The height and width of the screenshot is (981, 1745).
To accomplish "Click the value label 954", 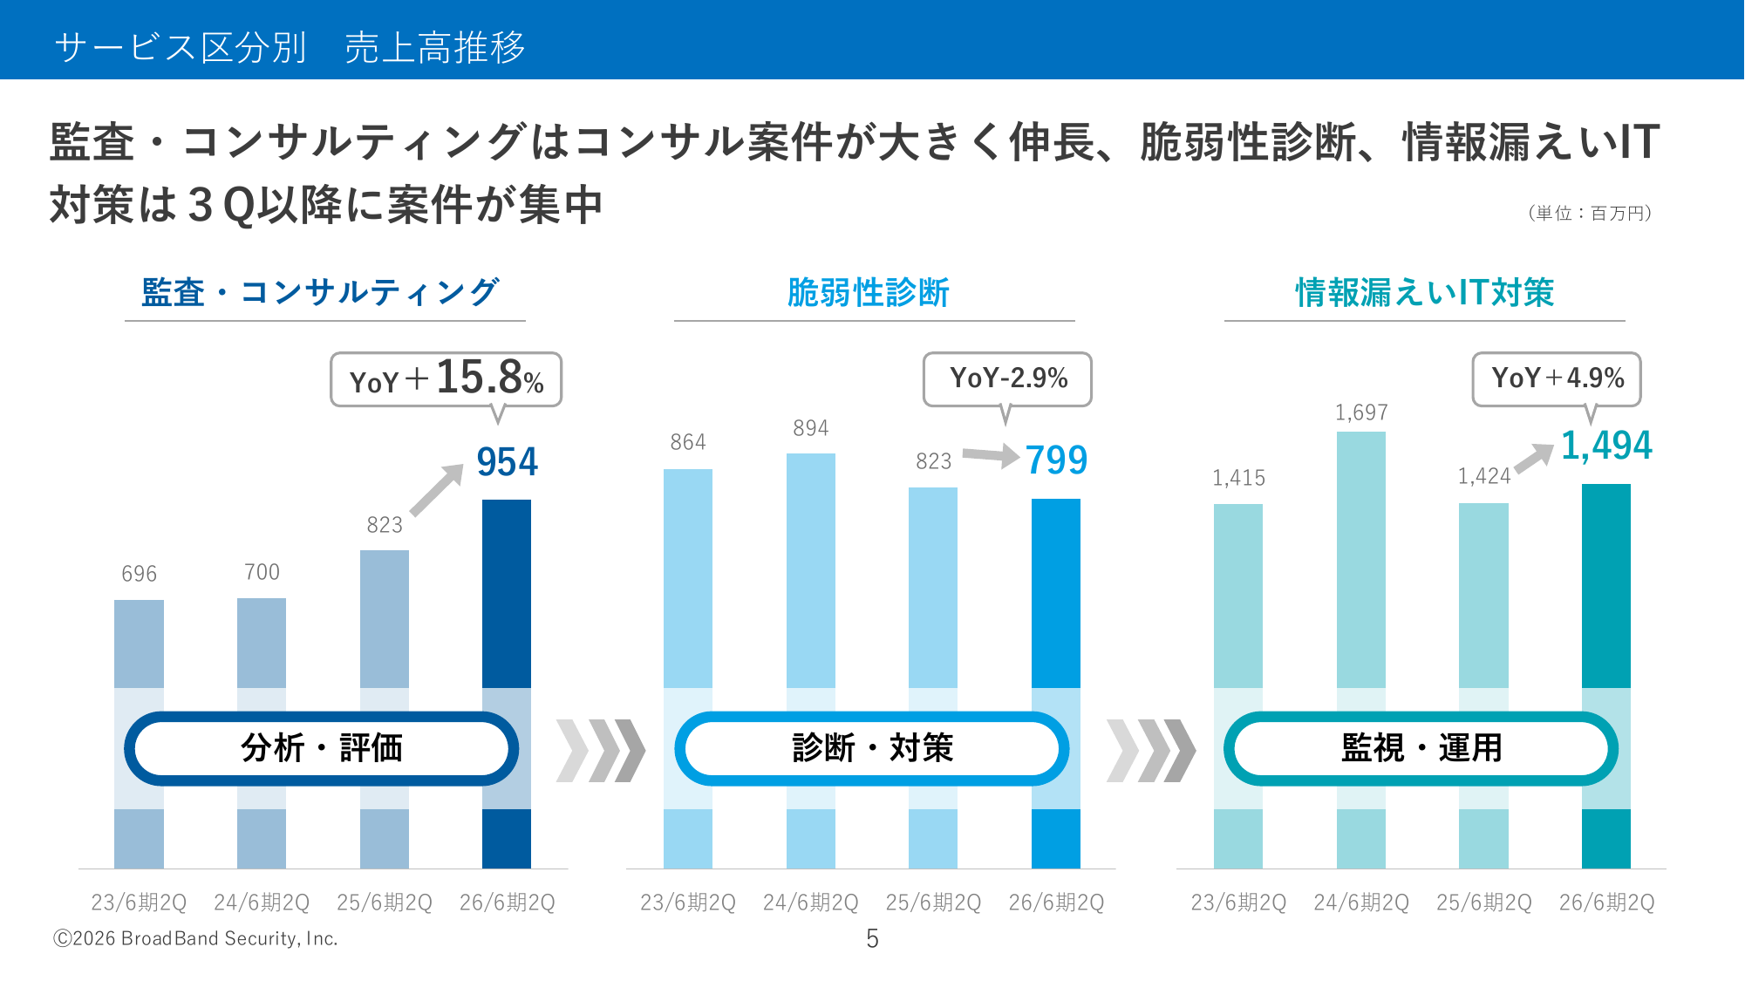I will pyautogui.click(x=507, y=462).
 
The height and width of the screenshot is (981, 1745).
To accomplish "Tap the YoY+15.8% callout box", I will pyautogui.click(x=446, y=379).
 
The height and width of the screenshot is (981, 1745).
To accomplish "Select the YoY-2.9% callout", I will pyautogui.click(x=1007, y=378).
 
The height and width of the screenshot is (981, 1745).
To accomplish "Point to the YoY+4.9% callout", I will pyautogui.click(x=1557, y=378).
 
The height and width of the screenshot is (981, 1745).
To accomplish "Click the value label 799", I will pyautogui.click(x=1056, y=460).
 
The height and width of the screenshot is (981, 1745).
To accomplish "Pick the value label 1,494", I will pyautogui.click(x=1605, y=446).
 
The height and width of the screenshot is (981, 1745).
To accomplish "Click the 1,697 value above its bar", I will pyautogui.click(x=1361, y=412).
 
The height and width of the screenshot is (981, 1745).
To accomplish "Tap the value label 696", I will pyautogui.click(x=139, y=574).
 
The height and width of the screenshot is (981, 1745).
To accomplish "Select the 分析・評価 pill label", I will pyautogui.click(x=321, y=748).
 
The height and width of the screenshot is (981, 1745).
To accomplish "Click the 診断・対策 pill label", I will pyautogui.click(x=871, y=748).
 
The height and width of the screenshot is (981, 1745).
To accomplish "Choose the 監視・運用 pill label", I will pyautogui.click(x=1421, y=748).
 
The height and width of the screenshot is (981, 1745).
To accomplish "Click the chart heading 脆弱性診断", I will pyautogui.click(x=868, y=293).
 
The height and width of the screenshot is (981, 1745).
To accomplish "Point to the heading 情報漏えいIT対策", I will pyautogui.click(x=1424, y=293).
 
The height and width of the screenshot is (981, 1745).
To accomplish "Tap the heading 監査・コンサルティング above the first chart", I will pyautogui.click(x=320, y=293).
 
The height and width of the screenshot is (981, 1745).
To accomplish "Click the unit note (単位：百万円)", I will pyautogui.click(x=1590, y=214).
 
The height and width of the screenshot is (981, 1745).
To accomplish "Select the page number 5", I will pyautogui.click(x=872, y=938).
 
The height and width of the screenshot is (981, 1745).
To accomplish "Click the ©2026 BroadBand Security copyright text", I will pyautogui.click(x=195, y=938).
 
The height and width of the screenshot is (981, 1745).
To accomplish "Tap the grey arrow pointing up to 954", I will pyautogui.click(x=437, y=490).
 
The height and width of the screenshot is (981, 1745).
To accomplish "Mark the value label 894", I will pyautogui.click(x=810, y=428).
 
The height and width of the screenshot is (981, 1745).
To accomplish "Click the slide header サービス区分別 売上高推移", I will pyautogui.click(x=290, y=47).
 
